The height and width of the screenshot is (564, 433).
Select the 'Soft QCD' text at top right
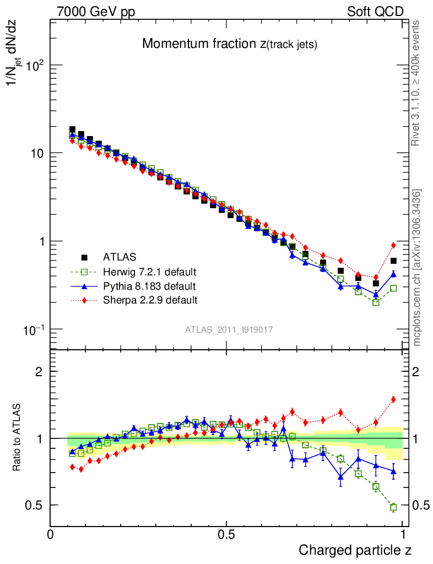click(375, 12)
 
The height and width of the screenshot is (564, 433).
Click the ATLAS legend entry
click(119, 257)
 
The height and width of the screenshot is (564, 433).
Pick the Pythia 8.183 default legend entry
click(149, 286)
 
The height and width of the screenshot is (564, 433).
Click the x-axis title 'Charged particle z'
click(355, 549)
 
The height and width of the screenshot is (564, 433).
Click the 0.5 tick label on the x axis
click(226, 534)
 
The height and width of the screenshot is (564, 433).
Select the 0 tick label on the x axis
click(50, 534)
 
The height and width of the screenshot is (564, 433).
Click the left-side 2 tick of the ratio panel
click(39, 372)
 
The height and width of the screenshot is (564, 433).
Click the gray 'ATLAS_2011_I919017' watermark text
click(229, 330)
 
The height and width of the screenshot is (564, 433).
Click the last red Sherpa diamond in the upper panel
click(393, 245)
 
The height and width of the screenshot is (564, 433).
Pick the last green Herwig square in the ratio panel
click(393, 507)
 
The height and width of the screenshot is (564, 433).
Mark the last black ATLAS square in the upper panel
click(393, 261)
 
